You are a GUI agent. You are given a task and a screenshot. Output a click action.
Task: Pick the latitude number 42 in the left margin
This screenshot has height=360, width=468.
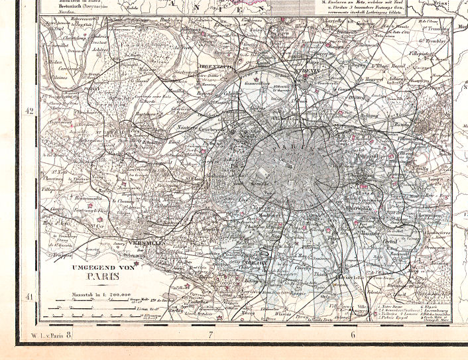tap(29, 111)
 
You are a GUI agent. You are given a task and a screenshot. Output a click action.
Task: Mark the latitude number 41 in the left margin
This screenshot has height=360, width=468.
tap(29, 296)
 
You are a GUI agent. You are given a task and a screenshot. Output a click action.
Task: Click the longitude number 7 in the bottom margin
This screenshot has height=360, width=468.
tap(211, 335)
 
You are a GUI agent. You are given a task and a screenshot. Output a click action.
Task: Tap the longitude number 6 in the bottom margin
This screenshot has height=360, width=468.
tap(353, 335)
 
